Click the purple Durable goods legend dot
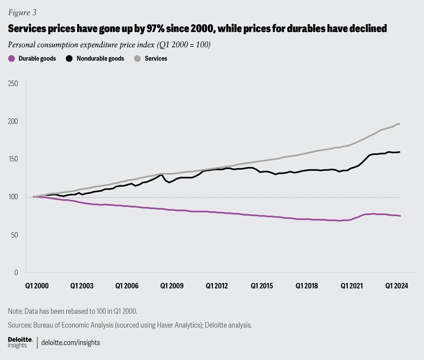pos(11,58)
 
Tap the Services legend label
pos(156,58)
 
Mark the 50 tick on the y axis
pos(15,235)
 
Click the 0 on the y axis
pos(17,273)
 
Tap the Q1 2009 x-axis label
pos(171,286)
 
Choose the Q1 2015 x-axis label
pos(262,286)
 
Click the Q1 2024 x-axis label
pos(397,286)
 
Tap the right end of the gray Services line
pos(400,124)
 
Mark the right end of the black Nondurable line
pos(400,152)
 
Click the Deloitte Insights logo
pos(20,342)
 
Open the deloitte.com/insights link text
pos(71,342)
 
